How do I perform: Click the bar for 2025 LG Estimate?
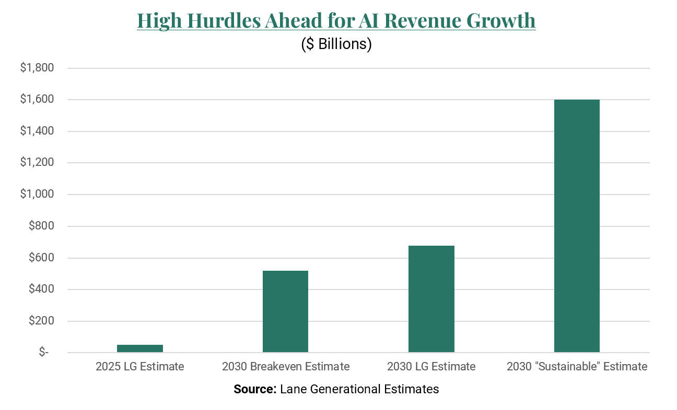[139, 348]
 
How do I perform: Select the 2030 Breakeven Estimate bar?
[285, 311]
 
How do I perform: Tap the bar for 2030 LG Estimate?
[431, 299]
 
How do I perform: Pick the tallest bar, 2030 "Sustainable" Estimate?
[577, 226]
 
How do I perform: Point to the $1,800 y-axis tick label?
[37, 68]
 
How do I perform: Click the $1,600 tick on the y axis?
[37, 100]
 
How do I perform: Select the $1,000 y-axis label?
[37, 195]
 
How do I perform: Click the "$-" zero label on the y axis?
[43, 353]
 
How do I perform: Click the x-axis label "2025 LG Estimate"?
[139, 367]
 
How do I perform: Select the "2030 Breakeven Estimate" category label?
[285, 367]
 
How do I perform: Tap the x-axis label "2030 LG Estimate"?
[431, 367]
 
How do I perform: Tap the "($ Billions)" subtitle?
[336, 44]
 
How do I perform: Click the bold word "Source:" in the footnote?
[255, 389]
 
